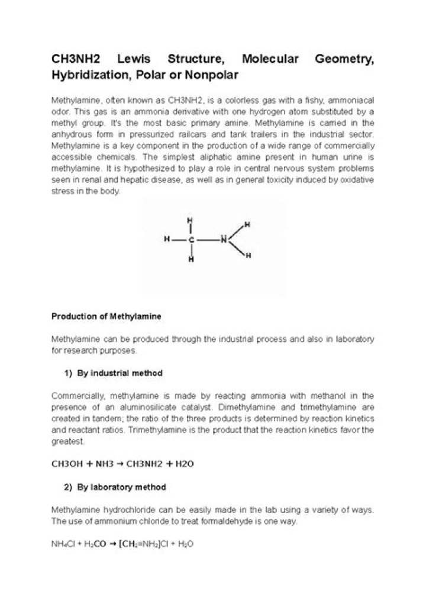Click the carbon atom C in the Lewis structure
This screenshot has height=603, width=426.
pos(191,240)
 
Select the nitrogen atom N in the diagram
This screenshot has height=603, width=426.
pos(223,239)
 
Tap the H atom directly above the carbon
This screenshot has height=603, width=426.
pos(191,220)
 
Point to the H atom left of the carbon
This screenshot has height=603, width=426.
pos(168,240)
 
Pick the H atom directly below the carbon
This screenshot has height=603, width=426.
pos(191,259)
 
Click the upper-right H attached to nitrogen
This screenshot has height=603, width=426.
pos(247,225)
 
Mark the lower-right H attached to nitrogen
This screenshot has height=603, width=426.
pos(248,255)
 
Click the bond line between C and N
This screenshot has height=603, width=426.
pos(207,240)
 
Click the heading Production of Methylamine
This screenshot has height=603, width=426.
pos(106,317)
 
